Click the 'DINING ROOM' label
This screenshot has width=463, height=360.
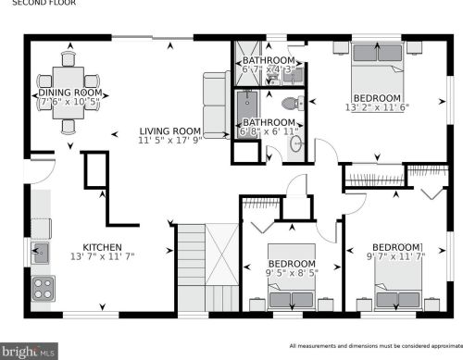[x=68, y=93]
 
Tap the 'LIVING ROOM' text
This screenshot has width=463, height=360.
[x=170, y=131]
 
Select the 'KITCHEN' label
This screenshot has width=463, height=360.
[x=97, y=247]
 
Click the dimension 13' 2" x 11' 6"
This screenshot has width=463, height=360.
[x=376, y=109]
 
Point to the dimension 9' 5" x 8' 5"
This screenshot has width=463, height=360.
[x=292, y=273]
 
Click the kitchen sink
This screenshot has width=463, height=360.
[x=42, y=252]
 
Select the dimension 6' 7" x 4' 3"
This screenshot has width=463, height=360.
[x=269, y=68]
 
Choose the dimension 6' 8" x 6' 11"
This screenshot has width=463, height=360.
[x=269, y=133]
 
